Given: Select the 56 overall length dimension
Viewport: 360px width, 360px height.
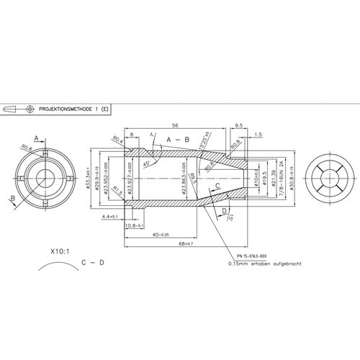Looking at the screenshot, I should pos(176,123).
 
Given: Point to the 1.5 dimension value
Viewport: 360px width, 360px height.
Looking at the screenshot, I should pos(258,134).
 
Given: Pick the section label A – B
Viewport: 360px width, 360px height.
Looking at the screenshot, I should pos(178,138).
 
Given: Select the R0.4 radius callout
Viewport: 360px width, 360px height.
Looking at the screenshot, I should pos(116,139).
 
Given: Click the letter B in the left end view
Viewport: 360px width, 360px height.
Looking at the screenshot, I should pos(12,199).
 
